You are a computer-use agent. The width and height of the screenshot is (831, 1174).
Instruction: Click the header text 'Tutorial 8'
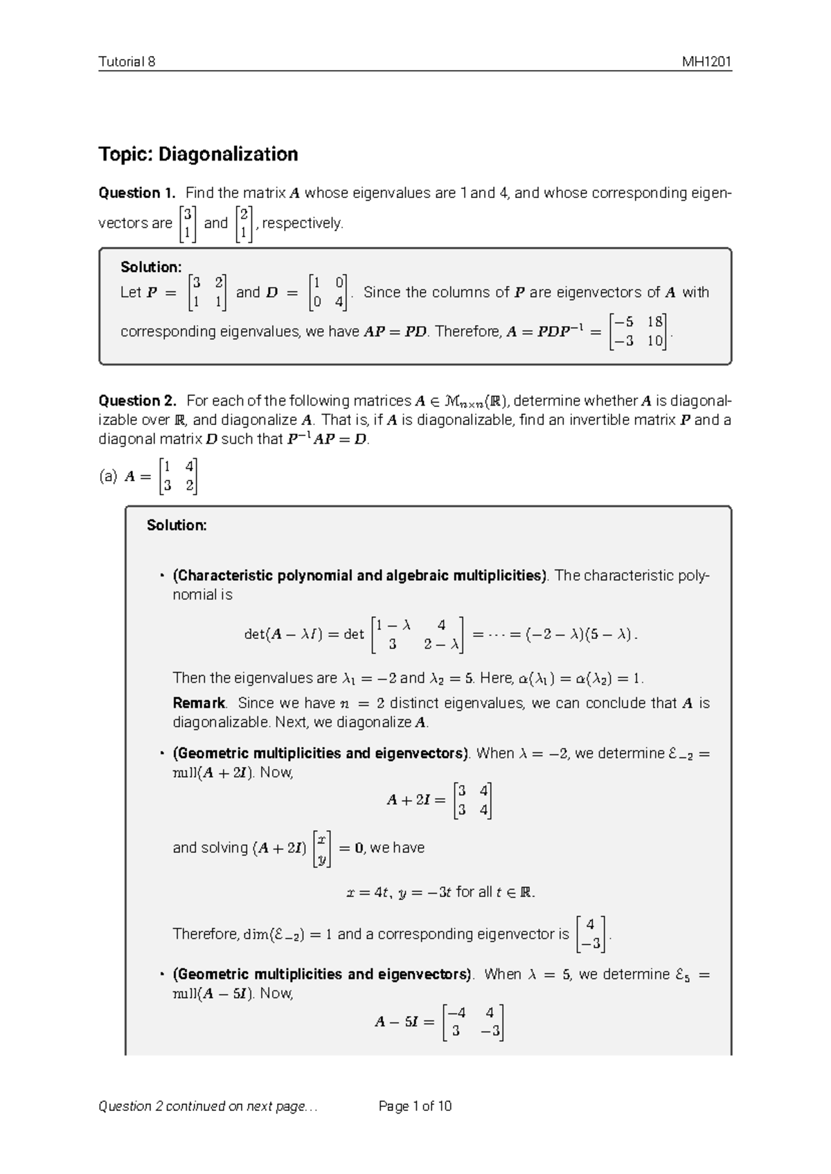tap(127, 62)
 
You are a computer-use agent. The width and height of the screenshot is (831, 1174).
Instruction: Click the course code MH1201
tap(706, 62)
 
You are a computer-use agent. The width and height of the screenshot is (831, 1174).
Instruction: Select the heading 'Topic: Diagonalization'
tap(198, 154)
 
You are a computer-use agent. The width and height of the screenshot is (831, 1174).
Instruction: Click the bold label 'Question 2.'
tap(138, 401)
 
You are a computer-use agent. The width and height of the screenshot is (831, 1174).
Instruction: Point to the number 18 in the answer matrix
tap(654, 322)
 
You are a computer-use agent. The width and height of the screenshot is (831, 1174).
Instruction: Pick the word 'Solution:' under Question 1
tap(151, 267)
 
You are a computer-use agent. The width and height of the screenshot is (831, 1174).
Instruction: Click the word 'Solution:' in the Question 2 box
tap(177, 525)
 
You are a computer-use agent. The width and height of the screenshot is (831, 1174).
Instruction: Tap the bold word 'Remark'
tap(199, 703)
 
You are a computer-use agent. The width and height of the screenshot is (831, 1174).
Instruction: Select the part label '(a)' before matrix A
tap(108, 476)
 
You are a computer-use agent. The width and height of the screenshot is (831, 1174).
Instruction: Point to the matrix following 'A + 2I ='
tap(473, 800)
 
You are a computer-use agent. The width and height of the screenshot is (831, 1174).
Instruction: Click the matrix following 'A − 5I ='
tap(473, 1022)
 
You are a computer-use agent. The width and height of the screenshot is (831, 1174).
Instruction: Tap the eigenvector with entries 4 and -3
tap(591, 934)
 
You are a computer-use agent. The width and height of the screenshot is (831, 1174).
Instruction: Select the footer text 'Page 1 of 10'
tap(415, 1106)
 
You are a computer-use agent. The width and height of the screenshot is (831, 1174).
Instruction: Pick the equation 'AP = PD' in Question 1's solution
tap(395, 332)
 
